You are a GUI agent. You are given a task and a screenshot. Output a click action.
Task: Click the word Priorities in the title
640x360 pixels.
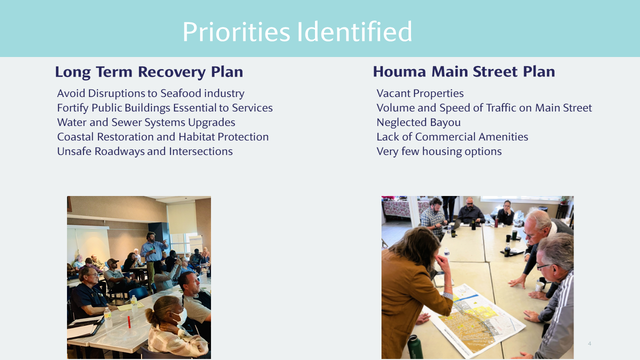click(x=236, y=31)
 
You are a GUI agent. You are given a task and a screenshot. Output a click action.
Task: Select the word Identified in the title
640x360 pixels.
click(x=354, y=31)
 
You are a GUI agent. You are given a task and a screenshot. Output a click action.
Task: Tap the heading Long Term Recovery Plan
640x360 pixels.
click(x=149, y=71)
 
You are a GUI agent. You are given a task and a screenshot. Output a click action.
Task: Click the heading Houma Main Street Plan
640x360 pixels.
click(x=464, y=71)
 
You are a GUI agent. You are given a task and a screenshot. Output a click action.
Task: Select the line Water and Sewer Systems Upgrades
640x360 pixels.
click(x=146, y=122)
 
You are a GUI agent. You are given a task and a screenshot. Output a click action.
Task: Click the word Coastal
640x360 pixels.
click(x=75, y=137)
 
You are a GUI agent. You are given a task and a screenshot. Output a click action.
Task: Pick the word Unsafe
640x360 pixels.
click(x=74, y=151)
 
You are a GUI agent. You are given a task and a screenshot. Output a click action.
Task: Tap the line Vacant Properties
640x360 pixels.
click(x=420, y=93)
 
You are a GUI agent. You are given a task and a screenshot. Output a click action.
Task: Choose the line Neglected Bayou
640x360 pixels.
click(x=418, y=122)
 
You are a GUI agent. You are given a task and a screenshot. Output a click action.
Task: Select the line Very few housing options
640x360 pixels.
click(x=439, y=151)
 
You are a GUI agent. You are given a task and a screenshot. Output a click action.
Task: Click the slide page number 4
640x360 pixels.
click(x=589, y=343)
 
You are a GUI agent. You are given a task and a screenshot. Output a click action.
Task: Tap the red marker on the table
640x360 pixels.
click(x=129, y=321)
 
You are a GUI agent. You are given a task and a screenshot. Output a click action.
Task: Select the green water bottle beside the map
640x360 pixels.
click(x=415, y=347)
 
